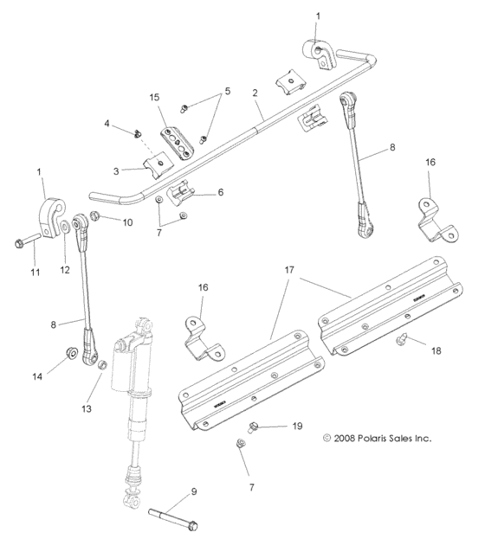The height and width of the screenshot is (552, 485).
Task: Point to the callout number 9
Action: point(192,491)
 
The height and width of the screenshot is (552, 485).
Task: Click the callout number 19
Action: point(296,427)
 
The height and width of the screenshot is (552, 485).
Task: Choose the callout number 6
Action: point(220,192)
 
